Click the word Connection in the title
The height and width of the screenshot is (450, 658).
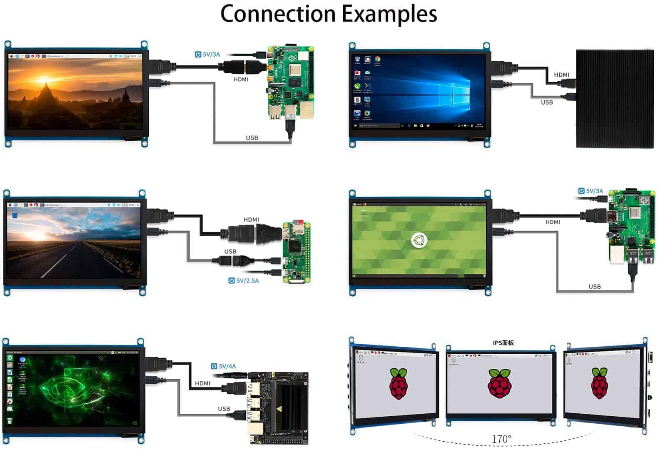click(278, 14)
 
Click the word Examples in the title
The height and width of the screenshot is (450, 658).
click(390, 15)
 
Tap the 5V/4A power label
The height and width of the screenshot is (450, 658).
click(224, 366)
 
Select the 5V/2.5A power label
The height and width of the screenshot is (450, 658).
click(244, 281)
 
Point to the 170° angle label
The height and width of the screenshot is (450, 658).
click(501, 439)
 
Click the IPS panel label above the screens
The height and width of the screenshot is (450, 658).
click(503, 343)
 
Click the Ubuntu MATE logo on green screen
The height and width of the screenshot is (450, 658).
click(419, 240)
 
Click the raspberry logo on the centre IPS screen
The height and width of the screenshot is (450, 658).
click(500, 383)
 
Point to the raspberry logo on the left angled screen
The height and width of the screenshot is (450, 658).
click(399, 383)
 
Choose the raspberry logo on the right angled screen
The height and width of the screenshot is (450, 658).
click(599, 383)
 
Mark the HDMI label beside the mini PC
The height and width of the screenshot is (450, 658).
click(561, 75)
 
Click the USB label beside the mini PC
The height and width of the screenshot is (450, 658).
click(547, 102)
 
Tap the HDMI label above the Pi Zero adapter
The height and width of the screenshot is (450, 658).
click(251, 220)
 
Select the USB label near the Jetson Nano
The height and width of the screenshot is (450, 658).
click(224, 409)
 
